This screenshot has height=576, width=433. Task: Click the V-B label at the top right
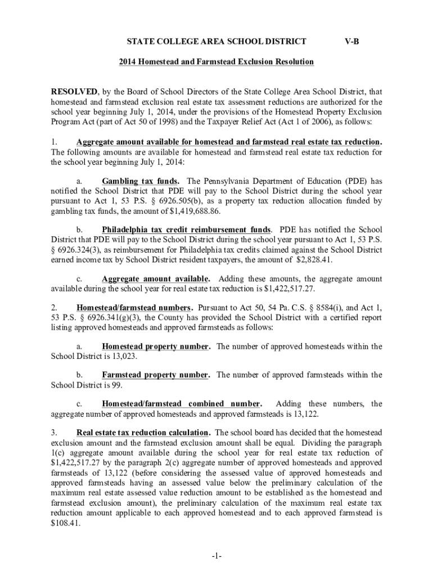[351, 41]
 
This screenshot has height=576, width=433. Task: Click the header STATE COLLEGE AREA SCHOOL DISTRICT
[216, 41]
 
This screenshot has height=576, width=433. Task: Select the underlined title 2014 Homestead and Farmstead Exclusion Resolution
[216, 61]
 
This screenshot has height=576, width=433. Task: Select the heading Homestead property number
[156, 346]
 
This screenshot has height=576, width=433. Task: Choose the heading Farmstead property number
[156, 375]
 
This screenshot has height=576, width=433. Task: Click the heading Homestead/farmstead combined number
[181, 404]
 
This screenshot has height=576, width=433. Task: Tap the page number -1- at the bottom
[216, 556]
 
